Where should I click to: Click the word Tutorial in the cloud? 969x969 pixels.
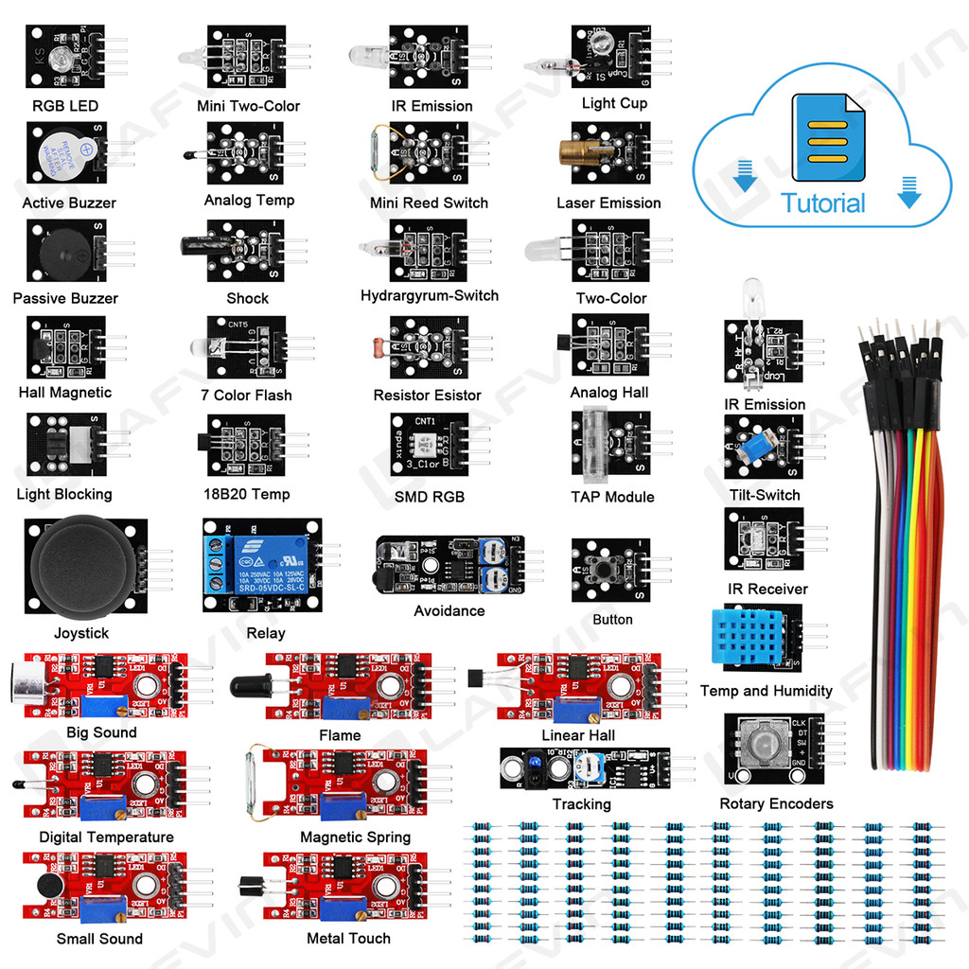pyautogui.click(x=822, y=203)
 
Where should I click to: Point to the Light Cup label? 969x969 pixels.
pyautogui.click(x=613, y=103)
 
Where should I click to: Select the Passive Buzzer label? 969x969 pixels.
pyautogui.click(x=65, y=298)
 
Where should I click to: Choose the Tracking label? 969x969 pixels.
pyautogui.click(x=581, y=803)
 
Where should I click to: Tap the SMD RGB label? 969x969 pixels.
pyautogui.click(x=429, y=497)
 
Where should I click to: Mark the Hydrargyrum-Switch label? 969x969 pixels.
pyautogui.click(x=429, y=295)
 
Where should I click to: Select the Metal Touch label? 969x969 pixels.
pyautogui.click(x=348, y=938)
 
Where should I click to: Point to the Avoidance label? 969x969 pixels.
pyautogui.click(x=449, y=610)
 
